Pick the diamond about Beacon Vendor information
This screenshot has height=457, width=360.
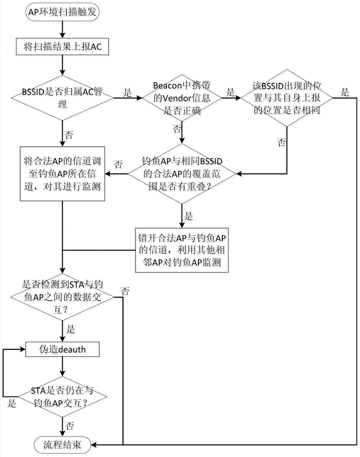(x=182, y=97)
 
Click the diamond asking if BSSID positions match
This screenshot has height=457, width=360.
(x=287, y=97)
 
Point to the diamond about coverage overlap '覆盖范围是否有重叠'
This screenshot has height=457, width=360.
(x=182, y=173)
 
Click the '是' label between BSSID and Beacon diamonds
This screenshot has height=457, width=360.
(x=128, y=92)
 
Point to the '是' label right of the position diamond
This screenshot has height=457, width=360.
(x=344, y=92)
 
